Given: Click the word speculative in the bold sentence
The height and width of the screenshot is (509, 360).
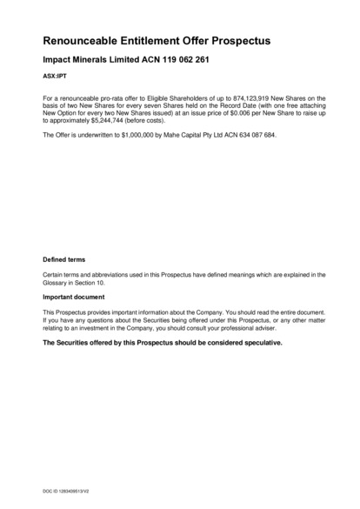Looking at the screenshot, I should [257, 344].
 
